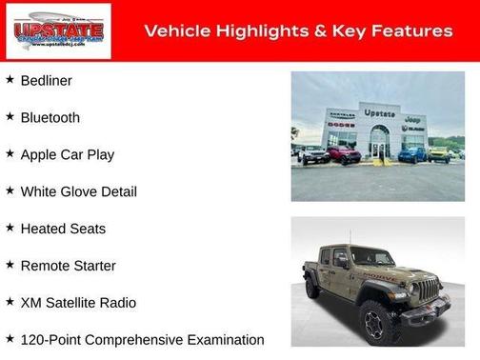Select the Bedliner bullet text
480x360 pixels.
[x=46, y=81]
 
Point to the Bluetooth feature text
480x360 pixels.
[x=50, y=118]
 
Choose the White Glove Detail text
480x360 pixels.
[x=78, y=191]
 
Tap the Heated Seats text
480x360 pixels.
[x=63, y=229]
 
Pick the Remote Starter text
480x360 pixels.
[x=68, y=266]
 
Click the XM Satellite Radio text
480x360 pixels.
[x=78, y=303]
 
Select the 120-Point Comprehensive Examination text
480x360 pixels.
[x=142, y=340]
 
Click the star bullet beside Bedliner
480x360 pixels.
[x=10, y=80]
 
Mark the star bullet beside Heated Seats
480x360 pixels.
[x=10, y=228]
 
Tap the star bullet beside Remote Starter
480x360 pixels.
[x=10, y=265]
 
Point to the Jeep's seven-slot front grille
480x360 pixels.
[x=430, y=289]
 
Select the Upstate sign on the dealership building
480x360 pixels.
[x=379, y=112]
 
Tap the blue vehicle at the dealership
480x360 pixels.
[x=412, y=153]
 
